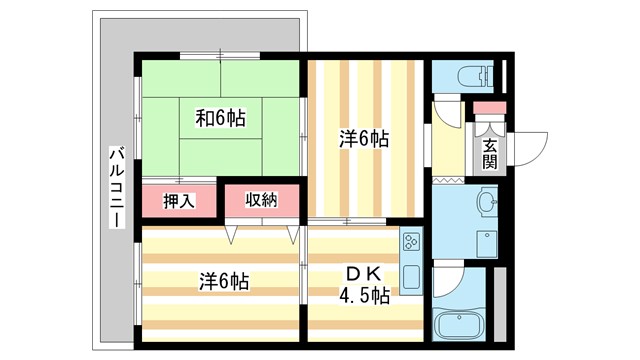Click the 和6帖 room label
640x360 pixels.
click(x=219, y=118)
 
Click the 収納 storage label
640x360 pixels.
click(x=261, y=200)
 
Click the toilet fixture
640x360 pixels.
click(x=471, y=75)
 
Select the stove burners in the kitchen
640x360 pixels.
click(x=411, y=241)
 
